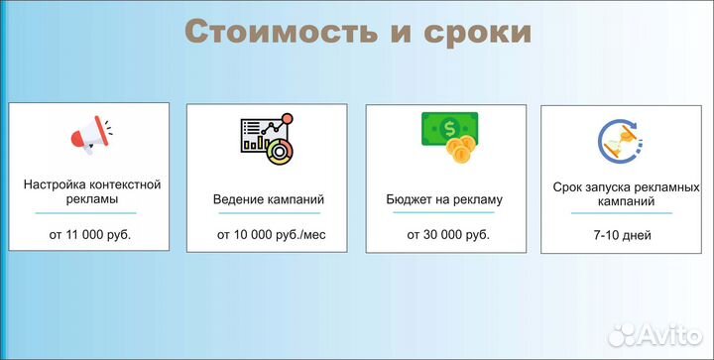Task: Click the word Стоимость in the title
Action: pyautogui.click(x=281, y=31)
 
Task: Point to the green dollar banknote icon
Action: pyautogui.click(x=449, y=128)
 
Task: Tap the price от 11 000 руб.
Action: pyautogui.click(x=90, y=235)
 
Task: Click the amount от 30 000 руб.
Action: pyautogui.click(x=447, y=235)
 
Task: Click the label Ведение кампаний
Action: pyautogui.click(x=269, y=198)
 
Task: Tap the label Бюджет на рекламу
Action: pyautogui.click(x=444, y=198)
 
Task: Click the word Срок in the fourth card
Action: pyautogui.click(x=570, y=185)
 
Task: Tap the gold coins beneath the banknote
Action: pyautogui.click(x=459, y=152)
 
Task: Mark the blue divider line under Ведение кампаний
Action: pyautogui.click(x=269, y=213)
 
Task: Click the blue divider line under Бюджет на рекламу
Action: pyautogui.click(x=445, y=213)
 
